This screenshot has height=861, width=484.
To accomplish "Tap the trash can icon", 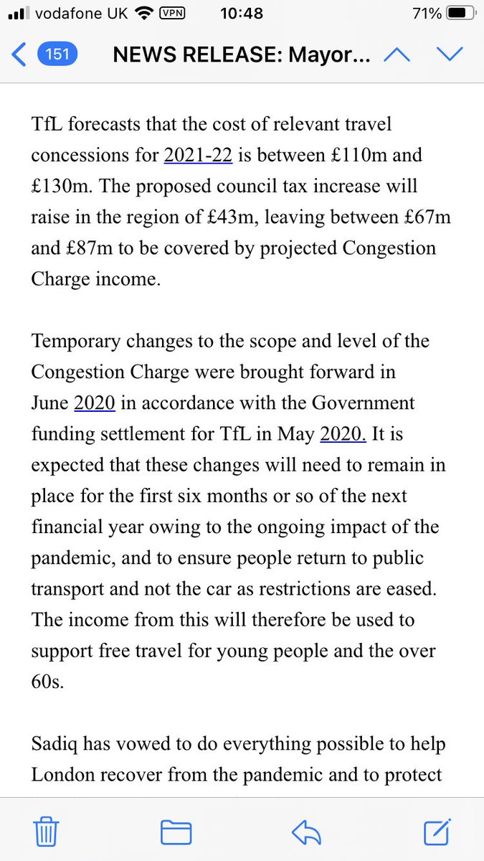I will (x=46, y=832).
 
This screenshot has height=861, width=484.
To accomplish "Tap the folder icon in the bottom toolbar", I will (x=176, y=832).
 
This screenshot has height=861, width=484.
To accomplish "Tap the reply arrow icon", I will (x=306, y=832).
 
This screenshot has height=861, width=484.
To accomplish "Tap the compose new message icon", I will (x=437, y=831).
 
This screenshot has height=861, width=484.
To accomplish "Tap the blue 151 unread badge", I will (x=57, y=55).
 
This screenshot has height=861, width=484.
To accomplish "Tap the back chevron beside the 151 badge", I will (x=20, y=55).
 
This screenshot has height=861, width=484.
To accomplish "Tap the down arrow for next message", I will (x=450, y=55).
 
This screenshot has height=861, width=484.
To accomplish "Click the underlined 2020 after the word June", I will (x=95, y=403).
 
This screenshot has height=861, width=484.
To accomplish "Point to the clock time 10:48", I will (x=242, y=14).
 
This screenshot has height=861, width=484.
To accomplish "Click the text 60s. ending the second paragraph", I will (x=48, y=681).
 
